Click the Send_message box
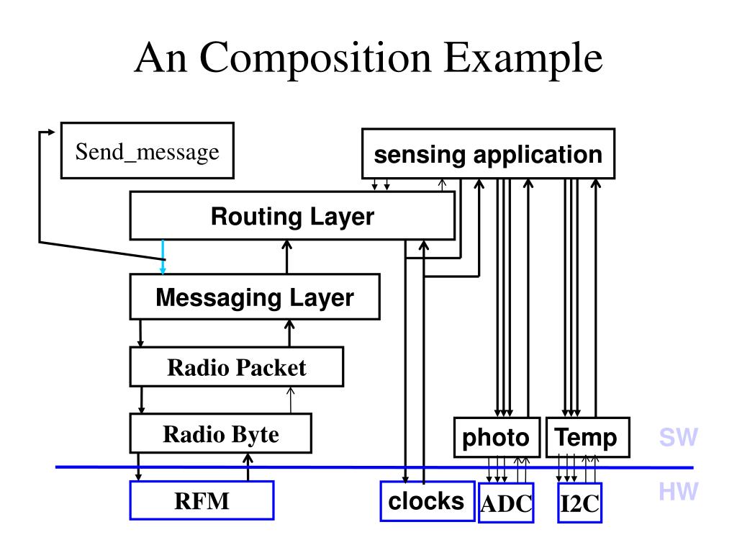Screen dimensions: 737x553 (x=147, y=150)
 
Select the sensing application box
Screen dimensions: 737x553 (x=489, y=154)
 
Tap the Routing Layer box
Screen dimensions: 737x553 (x=292, y=216)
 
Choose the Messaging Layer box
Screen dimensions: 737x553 (x=255, y=297)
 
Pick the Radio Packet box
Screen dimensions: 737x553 (x=236, y=367)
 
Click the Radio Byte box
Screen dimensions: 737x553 (x=220, y=433)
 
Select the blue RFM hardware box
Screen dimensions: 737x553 (x=202, y=500)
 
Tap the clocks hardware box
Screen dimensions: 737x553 (x=427, y=501)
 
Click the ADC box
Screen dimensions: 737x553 (x=506, y=503)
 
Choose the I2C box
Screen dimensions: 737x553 (x=579, y=503)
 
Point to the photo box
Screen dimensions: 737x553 (x=497, y=437)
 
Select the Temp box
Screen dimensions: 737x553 (x=587, y=437)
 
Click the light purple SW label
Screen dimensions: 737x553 (x=678, y=437)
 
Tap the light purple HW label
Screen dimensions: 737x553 (x=678, y=491)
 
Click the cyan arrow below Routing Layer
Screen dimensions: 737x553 (x=163, y=257)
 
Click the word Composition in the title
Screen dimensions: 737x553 (x=315, y=59)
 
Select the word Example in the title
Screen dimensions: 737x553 (x=523, y=59)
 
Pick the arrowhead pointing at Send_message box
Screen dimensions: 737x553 (x=52, y=132)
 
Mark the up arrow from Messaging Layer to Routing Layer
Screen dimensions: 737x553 (x=286, y=257)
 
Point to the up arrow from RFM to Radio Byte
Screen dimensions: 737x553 (x=248, y=467)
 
